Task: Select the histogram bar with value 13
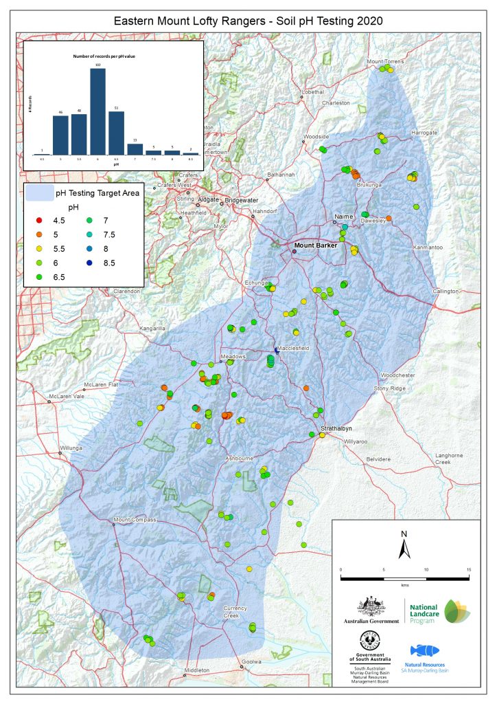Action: pos(135,149)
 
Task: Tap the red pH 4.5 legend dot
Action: pos(39,220)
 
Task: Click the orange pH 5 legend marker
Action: pos(39,234)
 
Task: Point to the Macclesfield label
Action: pos(293,349)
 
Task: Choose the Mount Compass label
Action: pos(135,520)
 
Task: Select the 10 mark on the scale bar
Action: pos(426,570)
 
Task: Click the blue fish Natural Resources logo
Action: pos(425,651)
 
